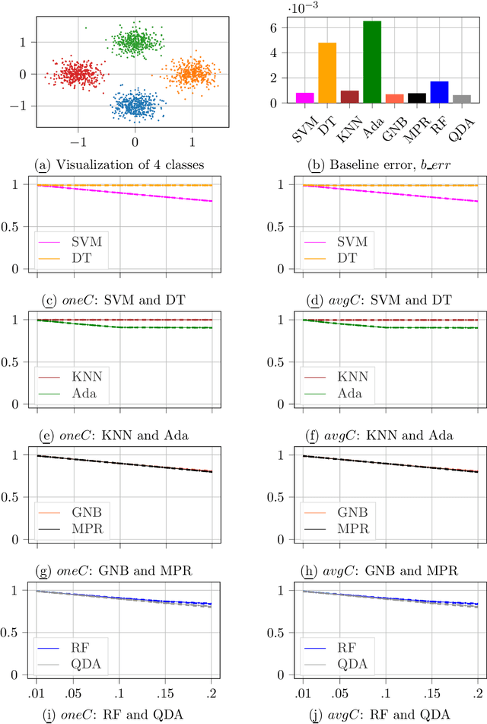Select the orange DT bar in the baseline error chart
coord(327,73)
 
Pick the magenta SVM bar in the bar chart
coord(305,97)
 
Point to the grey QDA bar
coord(461,99)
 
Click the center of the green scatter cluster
coord(135,41)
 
